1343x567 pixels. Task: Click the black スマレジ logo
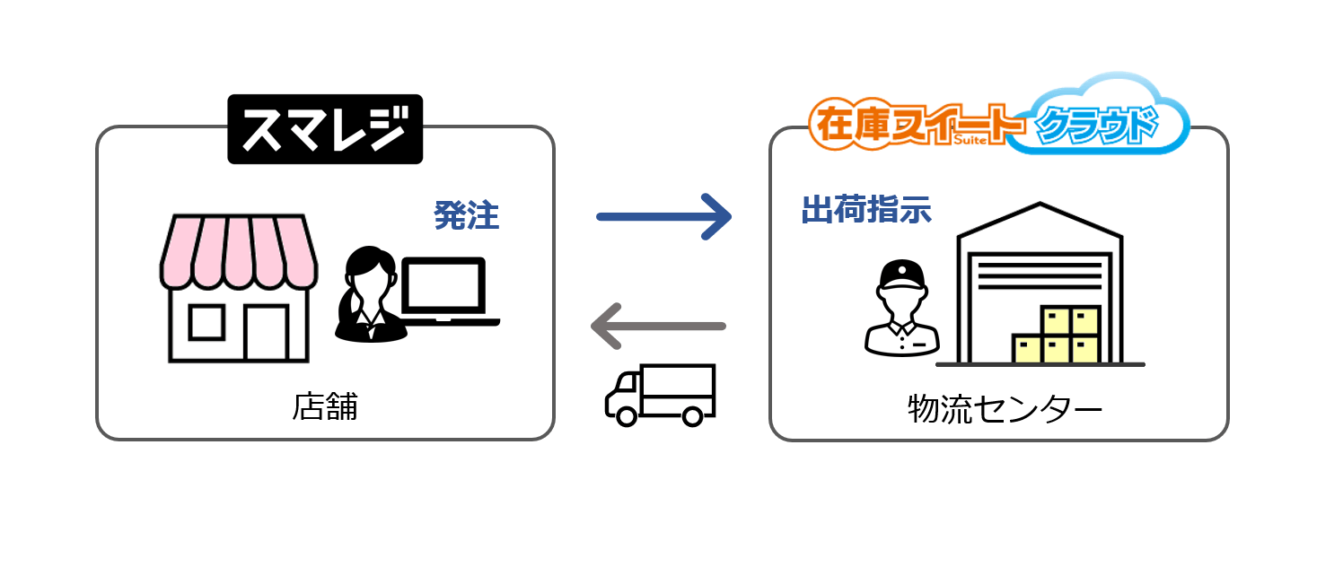click(x=324, y=129)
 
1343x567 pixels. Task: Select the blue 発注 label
click(x=466, y=215)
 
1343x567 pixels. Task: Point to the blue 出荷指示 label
click(x=865, y=209)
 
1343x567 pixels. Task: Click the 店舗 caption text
click(x=325, y=407)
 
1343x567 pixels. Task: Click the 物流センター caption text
click(x=1005, y=410)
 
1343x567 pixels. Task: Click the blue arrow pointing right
click(x=664, y=215)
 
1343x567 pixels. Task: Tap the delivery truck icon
click(x=660, y=395)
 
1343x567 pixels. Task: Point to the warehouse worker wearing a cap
click(x=901, y=310)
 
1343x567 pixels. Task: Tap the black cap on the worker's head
click(x=901, y=272)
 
